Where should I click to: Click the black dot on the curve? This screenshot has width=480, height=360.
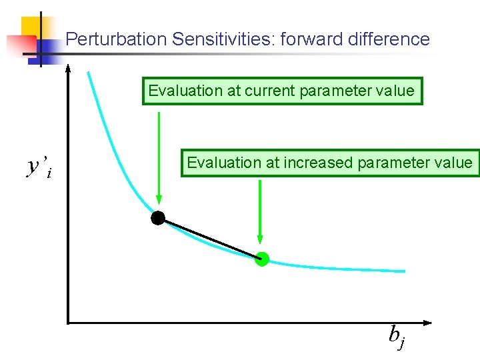click(x=158, y=217)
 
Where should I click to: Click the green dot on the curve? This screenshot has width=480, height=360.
click(x=262, y=259)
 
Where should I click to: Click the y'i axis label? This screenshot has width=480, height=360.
click(x=39, y=167)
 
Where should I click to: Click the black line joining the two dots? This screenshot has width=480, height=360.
click(x=210, y=238)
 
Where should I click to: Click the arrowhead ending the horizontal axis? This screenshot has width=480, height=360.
click(x=427, y=323)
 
